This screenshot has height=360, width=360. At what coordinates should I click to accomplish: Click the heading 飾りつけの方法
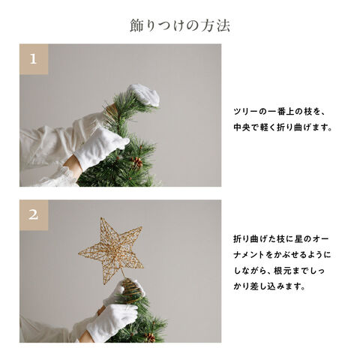tap(180, 25)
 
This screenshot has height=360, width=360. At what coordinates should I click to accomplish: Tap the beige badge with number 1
tap(34, 59)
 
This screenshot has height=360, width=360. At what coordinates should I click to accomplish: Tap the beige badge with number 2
tap(34, 215)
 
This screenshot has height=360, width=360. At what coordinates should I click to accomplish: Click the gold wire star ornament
tap(111, 250)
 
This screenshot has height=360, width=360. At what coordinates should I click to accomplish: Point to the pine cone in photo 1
tap(136, 162)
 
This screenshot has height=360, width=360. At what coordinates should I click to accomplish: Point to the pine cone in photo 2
tap(150, 337)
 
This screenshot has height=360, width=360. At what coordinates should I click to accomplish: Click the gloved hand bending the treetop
tap(144, 95)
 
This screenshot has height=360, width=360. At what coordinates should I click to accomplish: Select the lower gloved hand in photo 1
tap(101, 148)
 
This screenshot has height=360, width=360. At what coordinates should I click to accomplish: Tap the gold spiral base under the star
tap(130, 290)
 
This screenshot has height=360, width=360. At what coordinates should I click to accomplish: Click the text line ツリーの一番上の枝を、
tap(279, 112)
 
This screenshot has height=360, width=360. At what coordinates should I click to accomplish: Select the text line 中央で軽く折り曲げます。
tap(283, 127)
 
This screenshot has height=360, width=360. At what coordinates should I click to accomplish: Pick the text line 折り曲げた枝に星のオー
tap(281, 239)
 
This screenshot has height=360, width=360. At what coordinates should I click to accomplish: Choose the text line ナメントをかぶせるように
tap(282, 255)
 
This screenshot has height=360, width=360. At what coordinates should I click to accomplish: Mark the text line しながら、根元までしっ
tap(279, 271)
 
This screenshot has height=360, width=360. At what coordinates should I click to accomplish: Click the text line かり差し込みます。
tap(270, 286)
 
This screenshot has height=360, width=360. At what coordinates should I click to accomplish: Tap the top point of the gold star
tap(101, 217)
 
